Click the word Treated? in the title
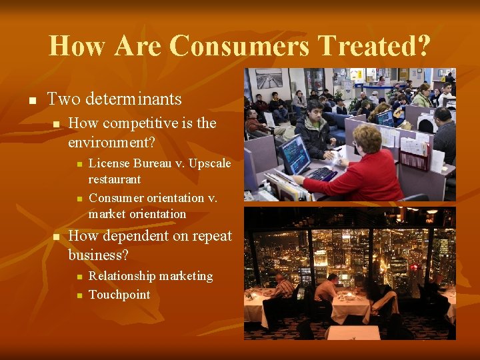tap(375, 46)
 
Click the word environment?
tap(111, 142)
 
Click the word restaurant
tap(115, 179)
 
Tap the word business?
tap(98, 255)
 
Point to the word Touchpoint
tap(119, 295)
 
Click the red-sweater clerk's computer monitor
tap(295, 154)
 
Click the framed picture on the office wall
tap(269, 79)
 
